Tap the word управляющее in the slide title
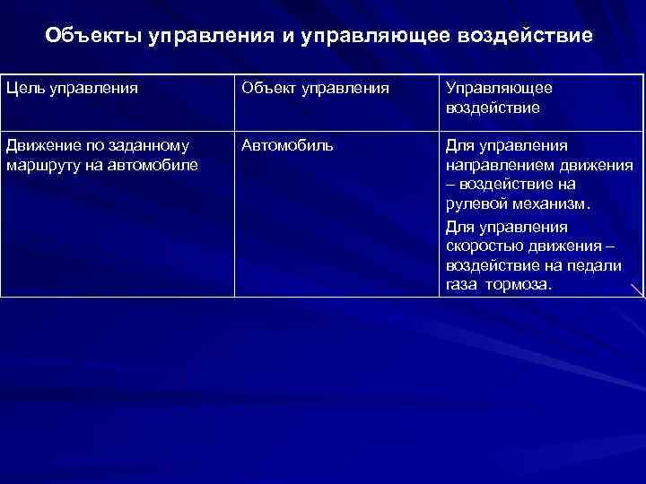[x=379, y=38]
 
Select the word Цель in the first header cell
[x=22, y=89]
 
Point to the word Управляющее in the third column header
[x=499, y=89]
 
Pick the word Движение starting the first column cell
[x=41, y=145]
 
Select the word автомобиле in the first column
[x=160, y=164]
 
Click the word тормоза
[x=519, y=284]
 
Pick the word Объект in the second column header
[x=266, y=89]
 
